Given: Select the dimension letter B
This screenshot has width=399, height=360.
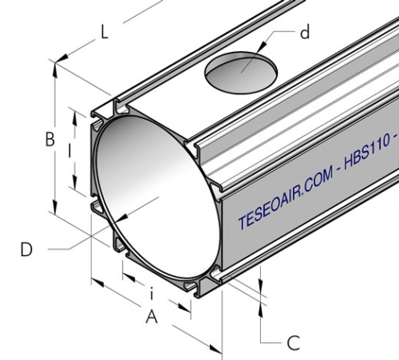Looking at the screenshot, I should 49,140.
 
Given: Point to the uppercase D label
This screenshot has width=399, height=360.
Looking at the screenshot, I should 26,249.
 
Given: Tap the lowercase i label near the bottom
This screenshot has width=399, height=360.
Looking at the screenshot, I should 152,293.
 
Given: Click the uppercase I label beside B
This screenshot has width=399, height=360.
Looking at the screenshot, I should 70,150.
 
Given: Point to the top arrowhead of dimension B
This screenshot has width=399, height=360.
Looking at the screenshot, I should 55,69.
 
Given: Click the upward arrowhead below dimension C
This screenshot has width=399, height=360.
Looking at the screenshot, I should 263,307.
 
